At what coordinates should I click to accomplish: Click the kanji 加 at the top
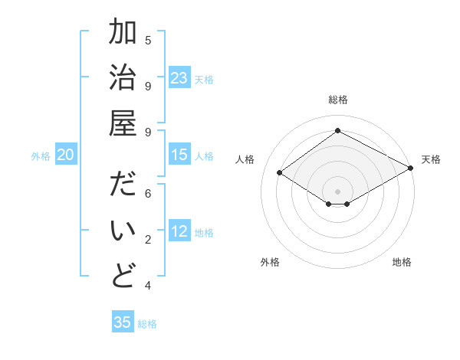coord(123,34)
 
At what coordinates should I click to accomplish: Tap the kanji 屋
coord(123,125)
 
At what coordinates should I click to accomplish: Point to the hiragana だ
coord(123,186)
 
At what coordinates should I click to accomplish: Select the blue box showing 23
coord(179,78)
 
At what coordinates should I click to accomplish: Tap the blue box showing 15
coord(179,155)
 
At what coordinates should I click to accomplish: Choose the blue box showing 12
coord(179,232)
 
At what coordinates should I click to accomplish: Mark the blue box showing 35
coord(123,322)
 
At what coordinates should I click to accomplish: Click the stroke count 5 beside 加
coord(148,40)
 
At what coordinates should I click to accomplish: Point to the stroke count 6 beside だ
coord(148,194)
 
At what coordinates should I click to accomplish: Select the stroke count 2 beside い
coord(148,240)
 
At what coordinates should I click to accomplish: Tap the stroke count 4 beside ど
coord(148,286)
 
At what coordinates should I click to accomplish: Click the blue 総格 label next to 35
coord(147,324)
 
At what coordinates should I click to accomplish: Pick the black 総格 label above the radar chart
coord(337,100)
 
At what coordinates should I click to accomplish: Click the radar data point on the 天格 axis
coord(411,169)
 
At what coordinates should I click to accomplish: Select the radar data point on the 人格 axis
coord(280,173)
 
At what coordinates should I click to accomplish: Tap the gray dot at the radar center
coord(337,190)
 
